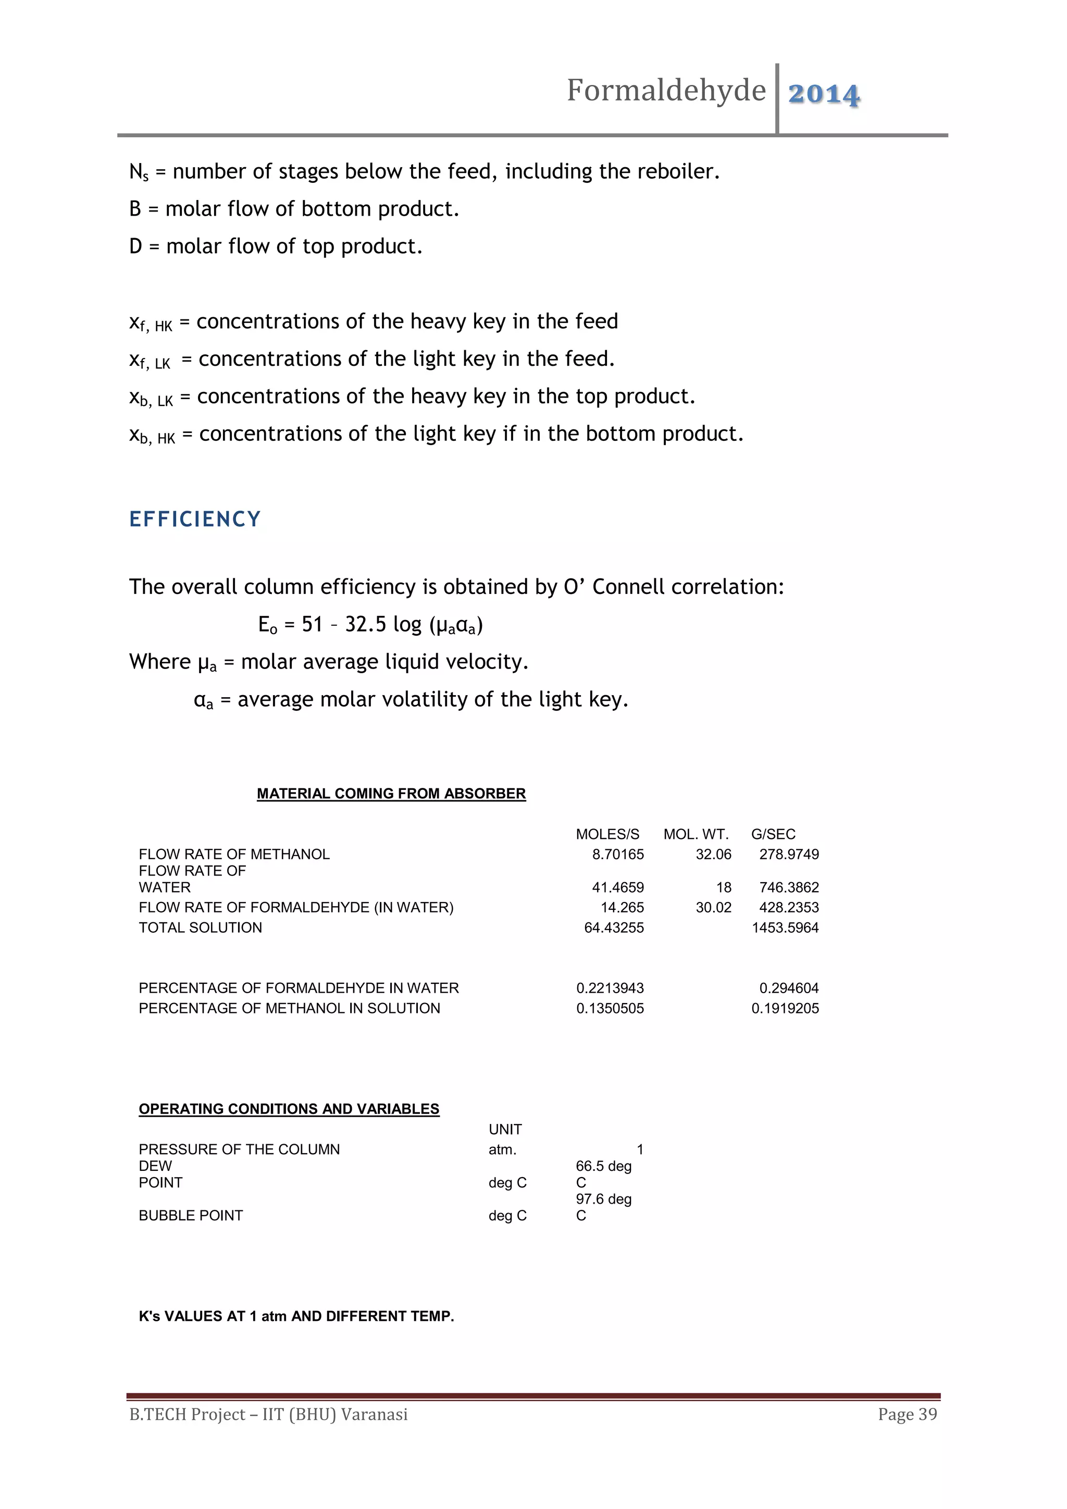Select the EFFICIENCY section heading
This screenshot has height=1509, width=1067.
point(195,519)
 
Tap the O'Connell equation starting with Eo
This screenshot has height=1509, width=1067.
point(370,624)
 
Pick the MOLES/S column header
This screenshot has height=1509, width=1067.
point(607,834)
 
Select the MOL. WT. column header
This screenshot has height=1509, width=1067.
point(696,834)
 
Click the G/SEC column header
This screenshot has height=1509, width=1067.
point(773,834)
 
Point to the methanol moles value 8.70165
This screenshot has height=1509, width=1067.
point(617,854)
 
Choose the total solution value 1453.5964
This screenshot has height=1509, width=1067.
point(785,927)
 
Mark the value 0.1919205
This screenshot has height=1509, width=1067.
point(785,1008)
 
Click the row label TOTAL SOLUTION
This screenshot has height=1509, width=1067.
point(201,927)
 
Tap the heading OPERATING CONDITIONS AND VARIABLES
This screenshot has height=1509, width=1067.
point(289,1109)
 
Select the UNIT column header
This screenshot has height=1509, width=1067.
point(505,1129)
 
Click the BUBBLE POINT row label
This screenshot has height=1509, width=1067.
point(191,1215)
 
